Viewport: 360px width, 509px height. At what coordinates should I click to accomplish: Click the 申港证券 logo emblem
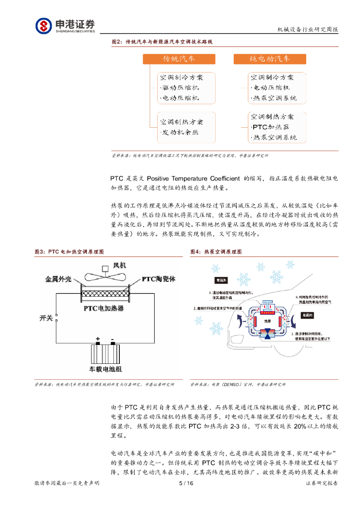[x=43, y=25]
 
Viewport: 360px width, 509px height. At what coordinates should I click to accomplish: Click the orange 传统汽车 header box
[x=179, y=59]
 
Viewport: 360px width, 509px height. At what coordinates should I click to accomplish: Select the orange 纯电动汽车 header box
[x=270, y=59]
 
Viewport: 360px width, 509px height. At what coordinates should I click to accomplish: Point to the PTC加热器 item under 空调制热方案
[x=274, y=127]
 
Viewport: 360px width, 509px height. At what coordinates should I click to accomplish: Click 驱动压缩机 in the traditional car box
[x=180, y=88]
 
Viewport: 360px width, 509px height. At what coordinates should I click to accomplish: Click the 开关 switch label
[x=46, y=317]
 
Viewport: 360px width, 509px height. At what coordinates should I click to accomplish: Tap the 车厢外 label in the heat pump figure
[x=222, y=281]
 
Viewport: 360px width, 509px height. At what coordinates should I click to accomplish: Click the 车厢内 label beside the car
[x=308, y=316]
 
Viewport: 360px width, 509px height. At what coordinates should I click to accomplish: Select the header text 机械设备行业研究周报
[x=307, y=30]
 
